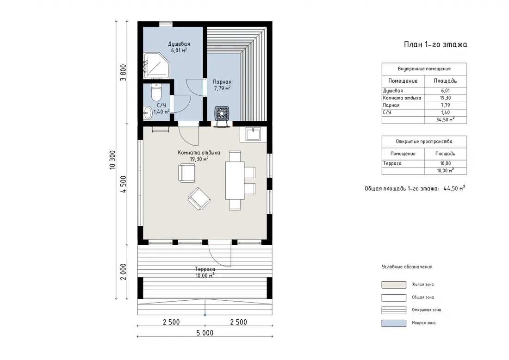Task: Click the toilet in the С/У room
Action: click(x=156, y=92)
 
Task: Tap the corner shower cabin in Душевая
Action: click(x=156, y=66)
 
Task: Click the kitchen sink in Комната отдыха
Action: click(x=253, y=134)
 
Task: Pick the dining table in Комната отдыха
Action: click(x=235, y=180)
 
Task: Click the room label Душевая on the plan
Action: click(x=179, y=44)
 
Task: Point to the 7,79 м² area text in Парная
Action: click(x=222, y=88)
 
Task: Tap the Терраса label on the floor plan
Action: click(x=205, y=269)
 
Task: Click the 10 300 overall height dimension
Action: click(x=112, y=160)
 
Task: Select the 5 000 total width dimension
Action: click(x=205, y=333)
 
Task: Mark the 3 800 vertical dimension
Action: click(x=124, y=73)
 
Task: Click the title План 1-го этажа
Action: click(x=435, y=44)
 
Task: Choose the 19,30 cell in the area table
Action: click(x=445, y=98)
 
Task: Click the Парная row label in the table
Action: click(x=391, y=105)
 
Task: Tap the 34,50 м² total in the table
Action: click(x=445, y=119)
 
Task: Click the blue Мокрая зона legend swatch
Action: click(x=394, y=323)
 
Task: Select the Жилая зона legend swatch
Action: click(x=394, y=285)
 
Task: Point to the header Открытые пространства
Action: click(x=424, y=142)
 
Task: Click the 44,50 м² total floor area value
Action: click(x=454, y=188)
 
